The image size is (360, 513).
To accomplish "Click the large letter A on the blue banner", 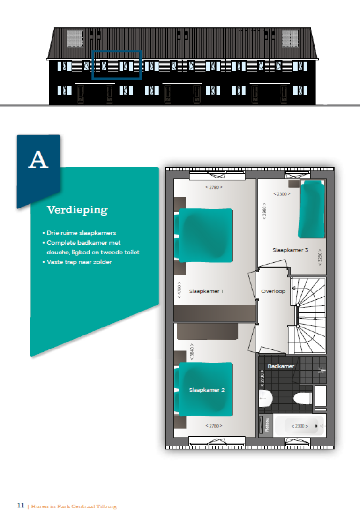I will (x=38, y=160).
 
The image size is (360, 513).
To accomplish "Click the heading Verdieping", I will (x=77, y=210).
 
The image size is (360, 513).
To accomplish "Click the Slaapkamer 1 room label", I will (x=206, y=291).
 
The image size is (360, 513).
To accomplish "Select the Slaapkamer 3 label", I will (x=290, y=250).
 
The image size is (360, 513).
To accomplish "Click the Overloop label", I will (x=273, y=291).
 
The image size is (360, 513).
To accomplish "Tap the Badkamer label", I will (x=281, y=366).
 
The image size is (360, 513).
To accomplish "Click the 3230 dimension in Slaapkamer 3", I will (x=320, y=257).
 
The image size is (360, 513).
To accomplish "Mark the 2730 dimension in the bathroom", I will (x=262, y=377).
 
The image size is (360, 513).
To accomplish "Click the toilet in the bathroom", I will (x=302, y=399).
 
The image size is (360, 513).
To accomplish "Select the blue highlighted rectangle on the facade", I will (x=117, y=65).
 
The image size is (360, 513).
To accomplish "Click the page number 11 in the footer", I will (x=21, y=506).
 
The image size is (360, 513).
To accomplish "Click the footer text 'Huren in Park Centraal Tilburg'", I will (x=74, y=506).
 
